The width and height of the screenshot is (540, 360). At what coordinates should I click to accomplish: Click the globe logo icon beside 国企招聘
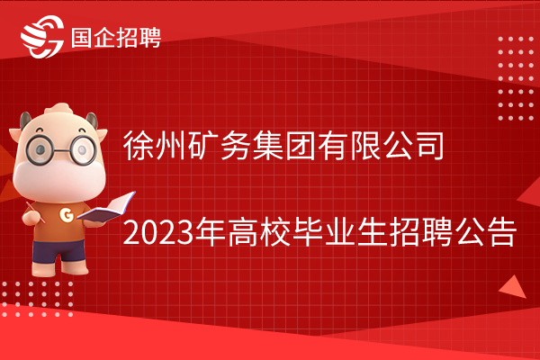[x=42, y=37]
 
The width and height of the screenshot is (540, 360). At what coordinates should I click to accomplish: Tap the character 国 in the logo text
[x=82, y=37]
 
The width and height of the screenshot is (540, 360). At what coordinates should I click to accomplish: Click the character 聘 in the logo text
[x=150, y=37]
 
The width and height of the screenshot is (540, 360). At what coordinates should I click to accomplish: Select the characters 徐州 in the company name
[x=155, y=146]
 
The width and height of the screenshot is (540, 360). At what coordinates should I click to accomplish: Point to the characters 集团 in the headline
[x=283, y=146]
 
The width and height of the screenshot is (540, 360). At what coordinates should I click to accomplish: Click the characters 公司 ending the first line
[x=414, y=146]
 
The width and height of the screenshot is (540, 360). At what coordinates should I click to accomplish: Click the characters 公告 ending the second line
[x=486, y=232]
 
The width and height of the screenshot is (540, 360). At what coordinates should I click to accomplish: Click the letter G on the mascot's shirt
[x=67, y=215]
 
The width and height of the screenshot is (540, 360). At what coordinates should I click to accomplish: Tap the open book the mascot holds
[x=106, y=207]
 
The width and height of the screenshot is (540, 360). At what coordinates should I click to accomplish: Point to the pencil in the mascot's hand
[x=35, y=212]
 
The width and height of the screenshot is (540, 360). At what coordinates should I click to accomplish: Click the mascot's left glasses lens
[x=40, y=150]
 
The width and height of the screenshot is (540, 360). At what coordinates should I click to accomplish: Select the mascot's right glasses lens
[x=83, y=150]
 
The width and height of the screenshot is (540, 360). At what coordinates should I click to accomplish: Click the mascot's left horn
[x=25, y=121]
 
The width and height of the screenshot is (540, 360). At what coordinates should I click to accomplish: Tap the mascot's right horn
[x=92, y=121]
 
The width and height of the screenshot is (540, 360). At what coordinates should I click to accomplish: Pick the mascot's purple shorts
[x=58, y=251]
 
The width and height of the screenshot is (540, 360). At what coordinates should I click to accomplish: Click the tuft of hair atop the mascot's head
[x=58, y=109]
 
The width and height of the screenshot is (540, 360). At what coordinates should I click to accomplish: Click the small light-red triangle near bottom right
[x=513, y=287]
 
